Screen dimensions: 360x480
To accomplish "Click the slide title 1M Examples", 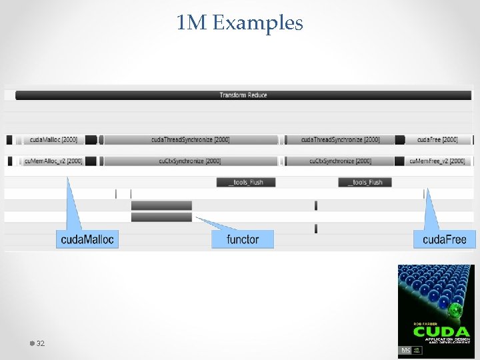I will pos(240,23).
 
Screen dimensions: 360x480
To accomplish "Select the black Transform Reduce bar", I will pos(243,95).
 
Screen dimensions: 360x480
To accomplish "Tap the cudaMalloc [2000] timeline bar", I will pos(53,140).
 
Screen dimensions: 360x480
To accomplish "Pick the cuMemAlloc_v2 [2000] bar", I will pos(53,161).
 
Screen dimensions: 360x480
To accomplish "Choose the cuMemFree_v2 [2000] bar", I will pos(437,161).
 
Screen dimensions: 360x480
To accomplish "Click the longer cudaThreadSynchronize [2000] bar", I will pos(191,140).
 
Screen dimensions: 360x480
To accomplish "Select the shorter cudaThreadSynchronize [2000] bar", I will pos(340,140).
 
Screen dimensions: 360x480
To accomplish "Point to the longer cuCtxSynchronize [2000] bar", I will pos(191,161).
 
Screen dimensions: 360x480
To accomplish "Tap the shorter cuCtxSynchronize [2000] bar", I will pos(340,161).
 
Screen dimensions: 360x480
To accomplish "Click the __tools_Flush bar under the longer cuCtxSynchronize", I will pos(245,183).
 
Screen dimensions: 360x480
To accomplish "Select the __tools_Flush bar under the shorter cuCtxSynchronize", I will pos(365,183).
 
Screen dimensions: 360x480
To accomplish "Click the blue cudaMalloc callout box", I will pos(87,239).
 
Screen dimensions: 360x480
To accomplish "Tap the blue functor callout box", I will pos(243,239).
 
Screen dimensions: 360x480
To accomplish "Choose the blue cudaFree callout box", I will pos(445,239).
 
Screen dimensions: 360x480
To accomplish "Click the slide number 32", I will pos(40,343).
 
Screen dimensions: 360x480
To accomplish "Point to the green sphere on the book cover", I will pos(456,311).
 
